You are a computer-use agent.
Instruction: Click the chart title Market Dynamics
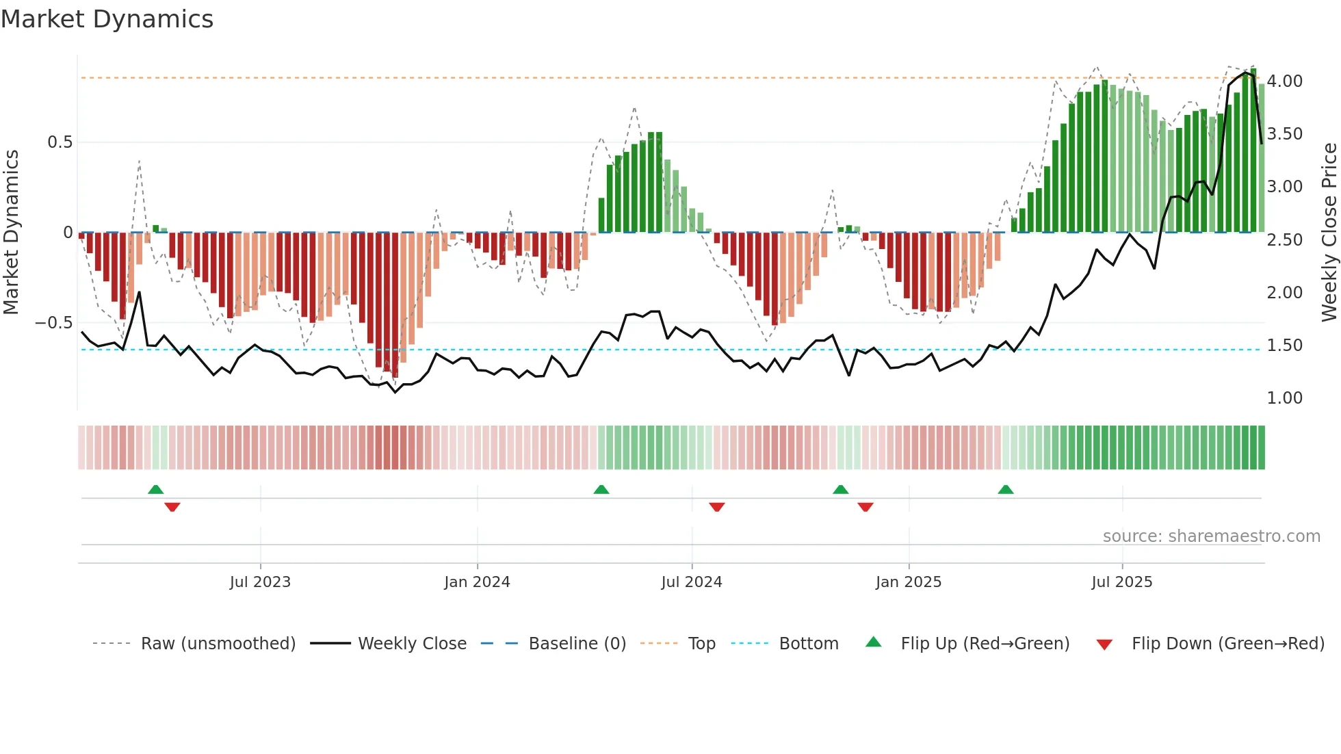point(107,19)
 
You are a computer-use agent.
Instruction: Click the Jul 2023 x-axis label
point(260,582)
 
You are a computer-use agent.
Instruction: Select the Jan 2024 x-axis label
point(477,582)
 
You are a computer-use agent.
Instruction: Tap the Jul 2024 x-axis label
point(691,582)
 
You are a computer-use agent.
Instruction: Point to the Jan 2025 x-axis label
point(908,582)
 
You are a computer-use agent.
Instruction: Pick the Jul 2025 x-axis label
point(1121,582)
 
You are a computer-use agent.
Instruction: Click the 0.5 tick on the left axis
point(60,142)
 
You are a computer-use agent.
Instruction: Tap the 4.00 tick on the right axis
point(1284,81)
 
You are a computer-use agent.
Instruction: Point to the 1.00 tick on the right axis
point(1284,398)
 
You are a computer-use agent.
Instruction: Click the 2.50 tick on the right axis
point(1284,239)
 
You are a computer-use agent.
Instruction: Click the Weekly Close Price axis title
point(1329,233)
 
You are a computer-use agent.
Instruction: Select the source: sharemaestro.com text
point(1211,536)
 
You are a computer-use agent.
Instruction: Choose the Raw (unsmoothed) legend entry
point(218,644)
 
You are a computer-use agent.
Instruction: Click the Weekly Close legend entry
point(412,644)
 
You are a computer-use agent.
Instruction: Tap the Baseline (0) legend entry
point(577,644)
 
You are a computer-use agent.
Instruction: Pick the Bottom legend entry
point(808,644)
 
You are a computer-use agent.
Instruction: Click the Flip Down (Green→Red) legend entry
point(1227,644)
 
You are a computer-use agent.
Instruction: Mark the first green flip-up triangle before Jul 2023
point(156,490)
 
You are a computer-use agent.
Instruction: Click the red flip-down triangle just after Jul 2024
point(716,506)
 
